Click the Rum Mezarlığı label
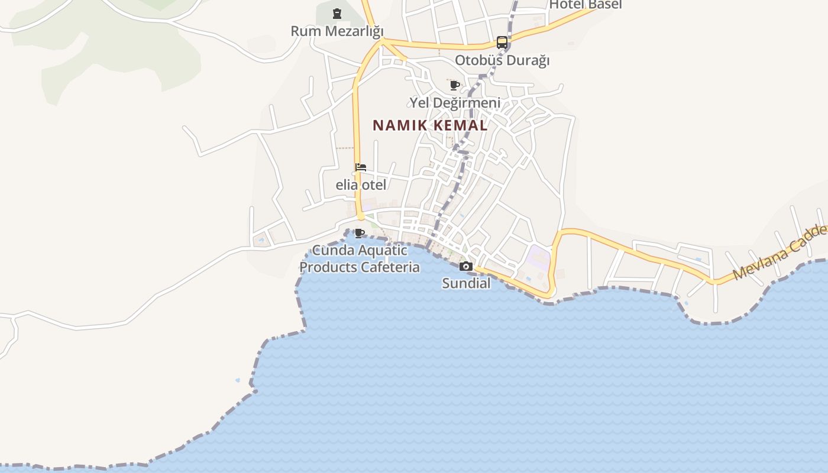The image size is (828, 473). [337, 31]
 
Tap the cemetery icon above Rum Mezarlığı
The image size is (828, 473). [337, 13]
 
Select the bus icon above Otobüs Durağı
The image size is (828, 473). [502, 42]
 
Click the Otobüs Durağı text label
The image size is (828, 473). [502, 60]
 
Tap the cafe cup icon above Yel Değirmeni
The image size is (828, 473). [455, 86]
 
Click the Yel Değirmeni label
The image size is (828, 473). [455, 103]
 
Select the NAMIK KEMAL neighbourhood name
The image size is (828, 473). [430, 125]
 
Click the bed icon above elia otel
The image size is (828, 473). [361, 167]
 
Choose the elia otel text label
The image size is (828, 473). [361, 185]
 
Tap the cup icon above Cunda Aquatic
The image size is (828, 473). [359, 232]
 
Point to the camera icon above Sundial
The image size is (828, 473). [466, 266]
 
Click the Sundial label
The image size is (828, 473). [466, 283]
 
